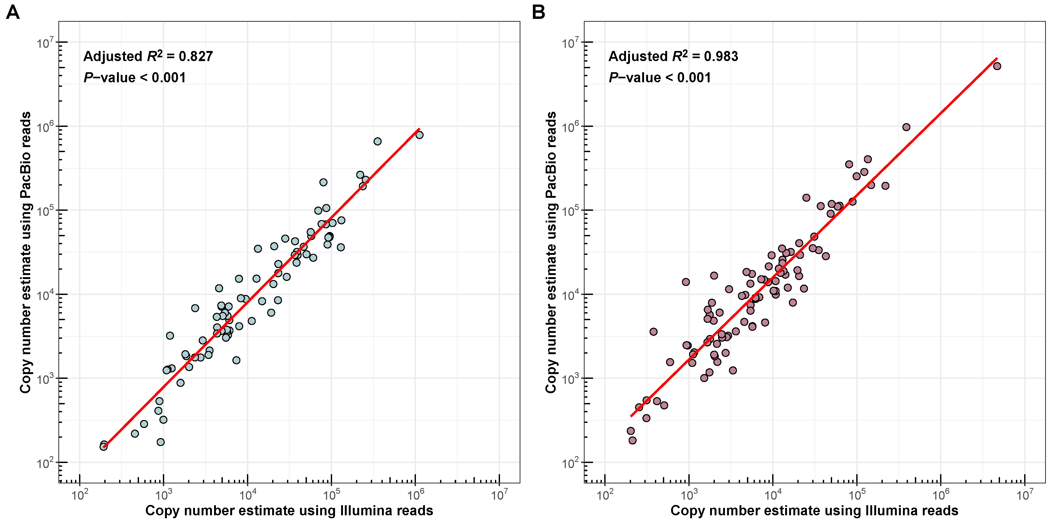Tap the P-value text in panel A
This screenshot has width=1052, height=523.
tap(134, 77)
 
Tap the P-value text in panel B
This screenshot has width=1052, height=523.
tap(659, 77)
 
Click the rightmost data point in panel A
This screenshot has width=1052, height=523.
tap(419, 135)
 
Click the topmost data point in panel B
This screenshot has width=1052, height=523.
tap(997, 66)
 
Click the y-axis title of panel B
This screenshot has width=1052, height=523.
tap(551, 252)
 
